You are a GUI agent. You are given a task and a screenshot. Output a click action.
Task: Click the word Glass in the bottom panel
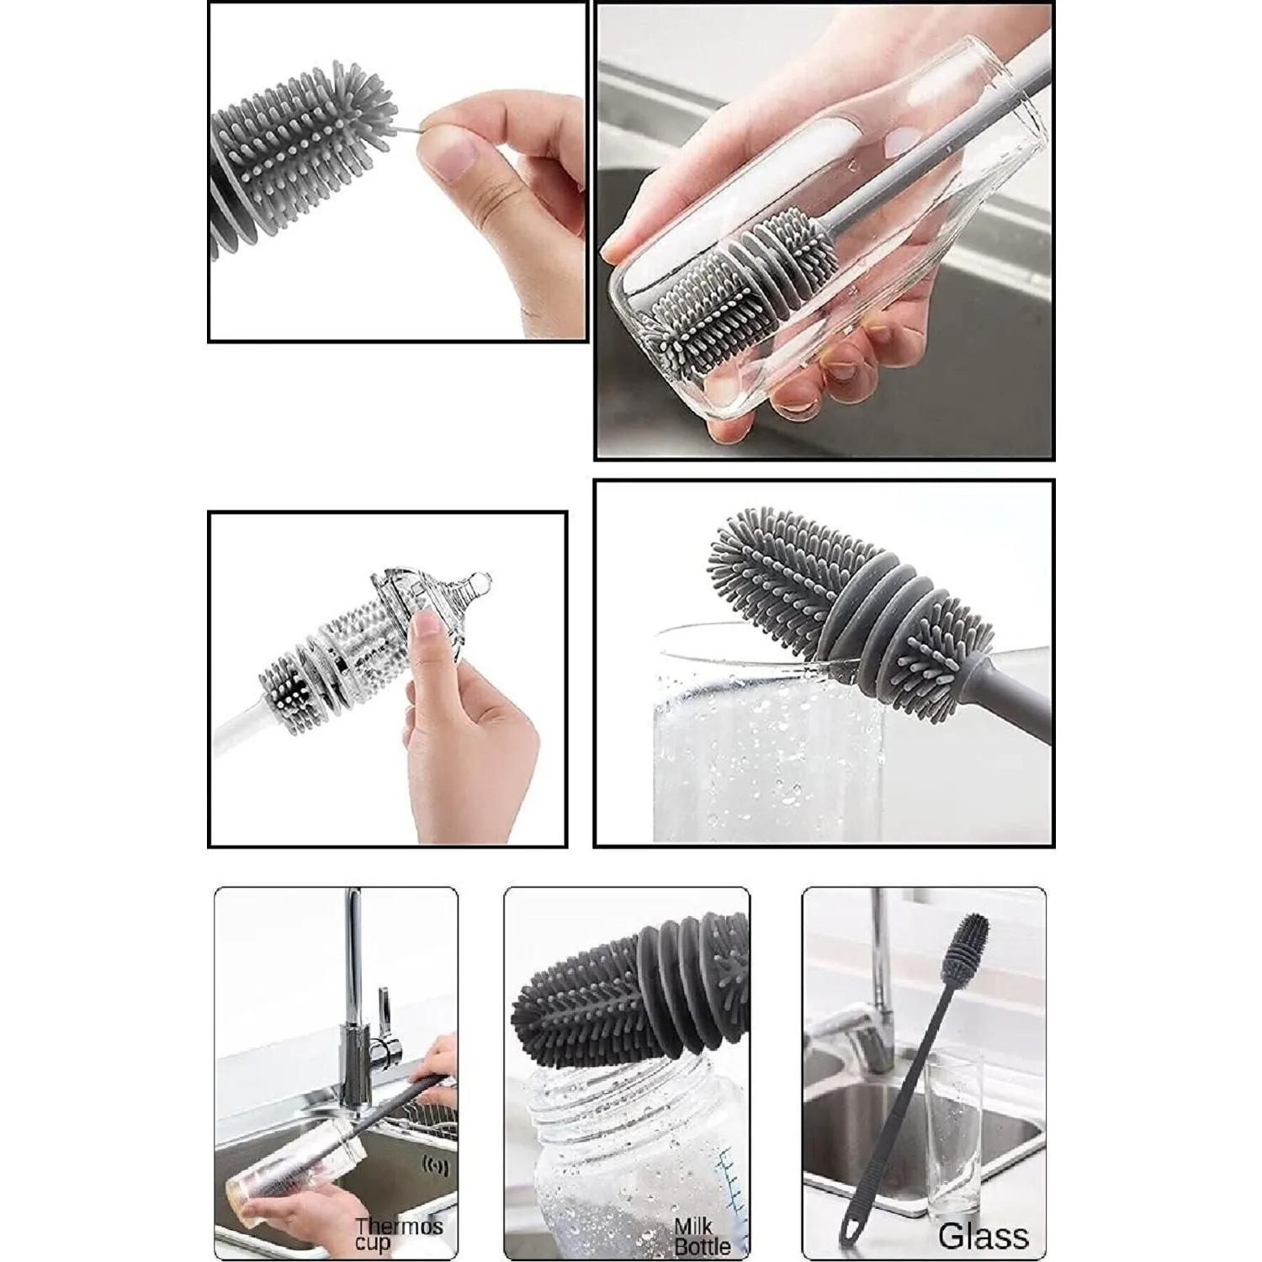[984, 1236]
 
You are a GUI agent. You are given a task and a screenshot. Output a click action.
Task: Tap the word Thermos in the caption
[398, 1227]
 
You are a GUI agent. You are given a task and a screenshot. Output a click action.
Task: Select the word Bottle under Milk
[702, 1246]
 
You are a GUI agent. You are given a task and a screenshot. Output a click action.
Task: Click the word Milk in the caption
[693, 1228]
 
